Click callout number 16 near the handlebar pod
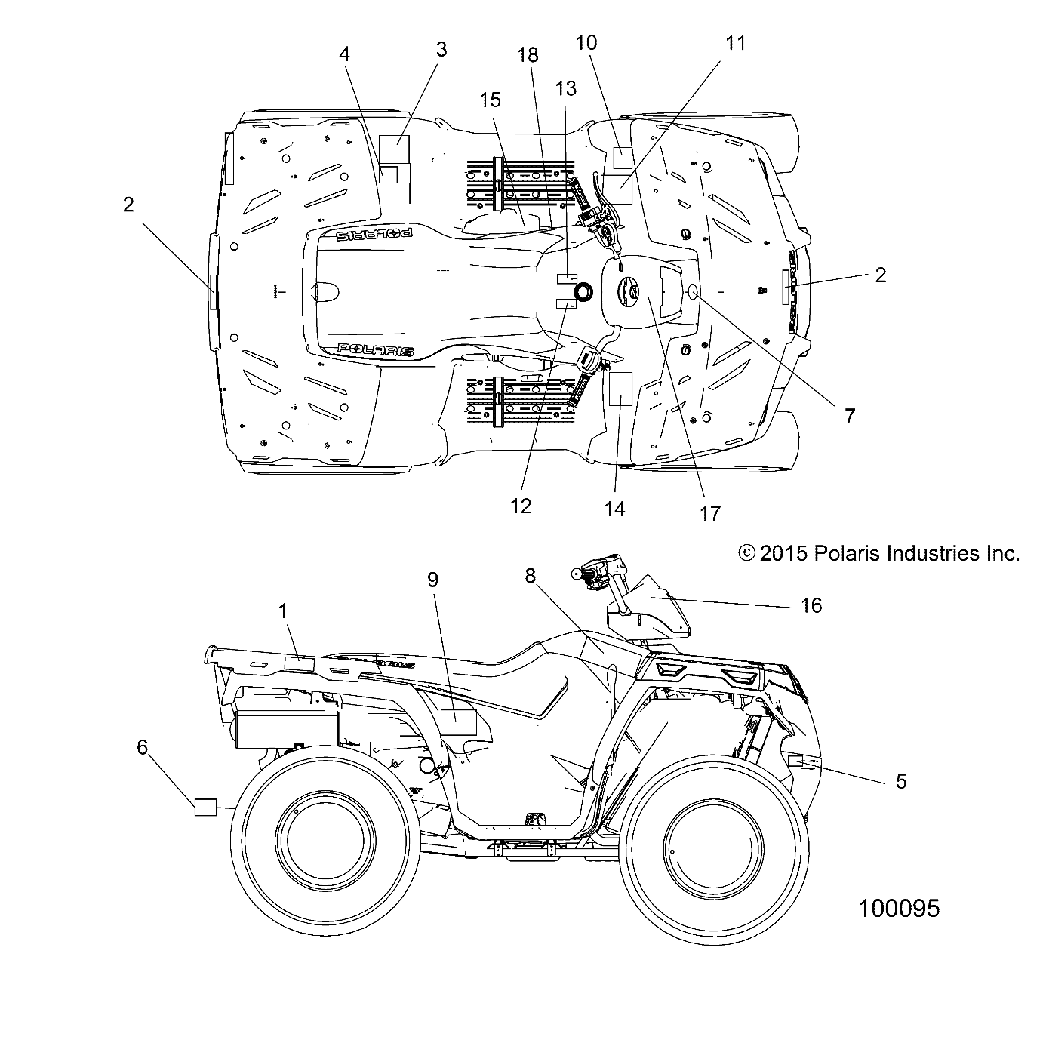(x=811, y=605)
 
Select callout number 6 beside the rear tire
(x=143, y=747)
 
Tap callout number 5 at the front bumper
(x=900, y=782)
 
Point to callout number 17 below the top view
(x=710, y=513)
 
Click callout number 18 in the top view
(x=528, y=55)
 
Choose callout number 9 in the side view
(x=432, y=580)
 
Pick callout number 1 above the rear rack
(x=284, y=611)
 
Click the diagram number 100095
(x=898, y=908)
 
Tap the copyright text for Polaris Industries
(x=878, y=554)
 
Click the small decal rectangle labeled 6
(x=205, y=807)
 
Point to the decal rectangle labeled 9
(x=458, y=722)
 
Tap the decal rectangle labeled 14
(x=620, y=389)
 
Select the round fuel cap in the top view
(x=583, y=291)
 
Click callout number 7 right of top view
(x=850, y=415)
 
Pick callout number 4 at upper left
(x=345, y=54)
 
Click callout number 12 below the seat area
(x=521, y=506)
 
